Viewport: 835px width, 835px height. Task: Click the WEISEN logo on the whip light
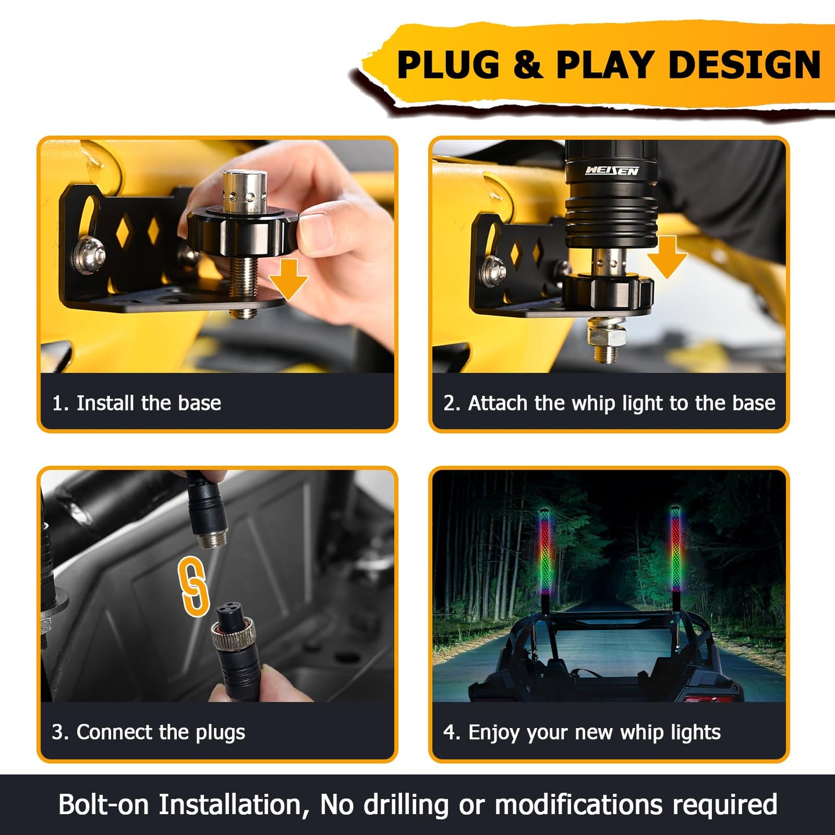[611, 170]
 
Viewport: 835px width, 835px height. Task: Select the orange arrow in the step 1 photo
[288, 279]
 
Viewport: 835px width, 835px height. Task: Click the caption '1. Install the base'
[137, 403]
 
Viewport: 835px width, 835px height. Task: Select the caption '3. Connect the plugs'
[149, 732]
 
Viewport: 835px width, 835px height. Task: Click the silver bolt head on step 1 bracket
[88, 255]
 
